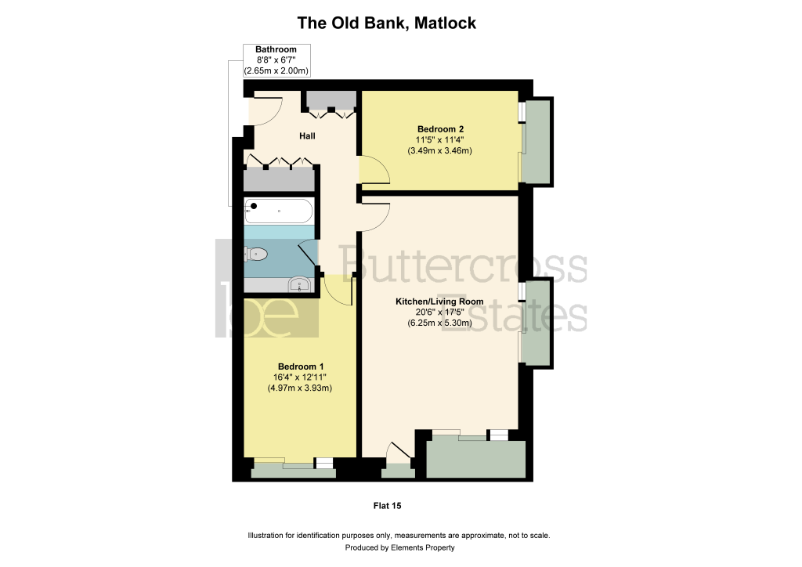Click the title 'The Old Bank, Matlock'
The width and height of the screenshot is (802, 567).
click(x=387, y=23)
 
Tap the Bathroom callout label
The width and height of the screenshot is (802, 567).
click(x=276, y=49)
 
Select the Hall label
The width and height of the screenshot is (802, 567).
click(x=307, y=136)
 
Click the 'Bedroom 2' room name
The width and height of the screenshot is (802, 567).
click(x=440, y=129)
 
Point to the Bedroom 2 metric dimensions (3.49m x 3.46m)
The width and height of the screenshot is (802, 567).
click(x=440, y=151)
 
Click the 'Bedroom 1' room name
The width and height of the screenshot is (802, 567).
click(x=301, y=367)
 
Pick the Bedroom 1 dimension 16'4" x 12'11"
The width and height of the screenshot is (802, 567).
click(x=300, y=377)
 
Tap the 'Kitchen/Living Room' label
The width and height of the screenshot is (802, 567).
click(x=439, y=302)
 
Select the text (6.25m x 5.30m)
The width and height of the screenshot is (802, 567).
click(x=440, y=323)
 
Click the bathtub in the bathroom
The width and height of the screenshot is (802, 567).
click(x=279, y=211)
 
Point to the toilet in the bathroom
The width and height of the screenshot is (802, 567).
click(x=256, y=254)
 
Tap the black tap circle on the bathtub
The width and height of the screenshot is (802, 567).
click(x=254, y=206)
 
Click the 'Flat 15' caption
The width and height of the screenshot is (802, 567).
click(x=387, y=506)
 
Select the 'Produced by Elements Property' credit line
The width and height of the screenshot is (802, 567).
click(x=400, y=547)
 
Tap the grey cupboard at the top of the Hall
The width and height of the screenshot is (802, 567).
click(x=331, y=99)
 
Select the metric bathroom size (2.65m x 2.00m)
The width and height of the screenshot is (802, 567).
click(x=276, y=71)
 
